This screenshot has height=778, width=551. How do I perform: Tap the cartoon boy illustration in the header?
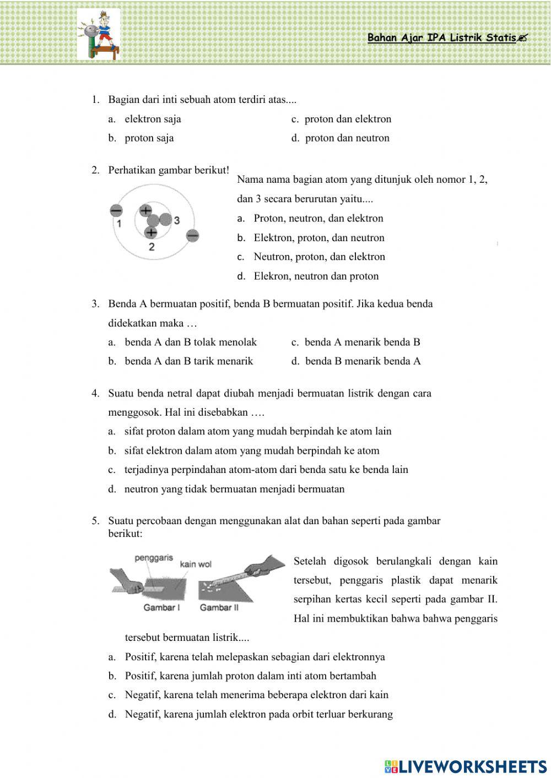click(x=99, y=34)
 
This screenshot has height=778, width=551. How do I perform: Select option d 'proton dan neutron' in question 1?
click(x=347, y=138)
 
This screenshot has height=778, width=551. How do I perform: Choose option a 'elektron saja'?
click(x=153, y=119)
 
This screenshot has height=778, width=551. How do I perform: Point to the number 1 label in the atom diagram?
click(x=118, y=223)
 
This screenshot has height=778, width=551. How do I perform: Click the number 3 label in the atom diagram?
click(x=176, y=220)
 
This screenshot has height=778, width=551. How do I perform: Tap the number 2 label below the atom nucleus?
click(x=151, y=247)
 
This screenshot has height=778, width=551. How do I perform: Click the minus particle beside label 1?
click(x=116, y=210)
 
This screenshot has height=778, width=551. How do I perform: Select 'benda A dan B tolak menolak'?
click(x=190, y=342)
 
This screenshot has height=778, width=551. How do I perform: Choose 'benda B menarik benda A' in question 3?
click(x=362, y=361)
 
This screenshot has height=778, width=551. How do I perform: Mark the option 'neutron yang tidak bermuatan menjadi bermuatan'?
click(x=234, y=489)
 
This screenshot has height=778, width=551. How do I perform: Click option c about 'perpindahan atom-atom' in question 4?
click(x=266, y=470)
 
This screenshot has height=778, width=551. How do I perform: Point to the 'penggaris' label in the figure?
click(x=154, y=558)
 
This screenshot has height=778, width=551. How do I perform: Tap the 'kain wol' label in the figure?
click(x=196, y=564)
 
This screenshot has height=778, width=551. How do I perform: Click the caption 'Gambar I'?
click(x=161, y=607)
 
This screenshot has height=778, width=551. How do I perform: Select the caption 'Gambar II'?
click(x=219, y=607)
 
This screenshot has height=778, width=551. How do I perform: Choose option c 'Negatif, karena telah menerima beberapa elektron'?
click(x=256, y=695)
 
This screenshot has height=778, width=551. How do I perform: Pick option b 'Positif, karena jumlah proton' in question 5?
click(x=250, y=676)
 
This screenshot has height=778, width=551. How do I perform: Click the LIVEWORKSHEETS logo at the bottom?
click(x=466, y=766)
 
